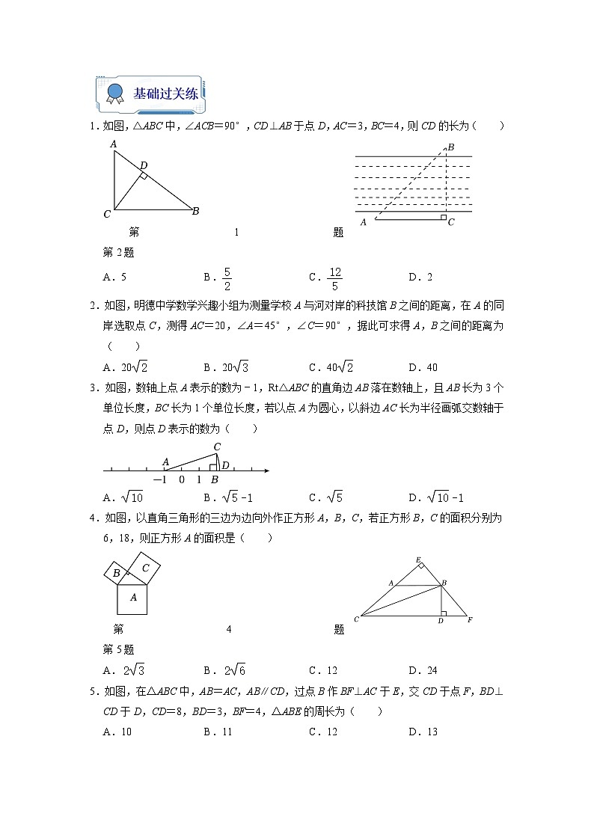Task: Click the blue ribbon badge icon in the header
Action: coord(114,93)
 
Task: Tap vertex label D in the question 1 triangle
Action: coord(144,165)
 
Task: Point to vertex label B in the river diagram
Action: coord(451,147)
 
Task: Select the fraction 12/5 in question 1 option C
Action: coord(334,278)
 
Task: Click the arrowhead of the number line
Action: coord(266,470)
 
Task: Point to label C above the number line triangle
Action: coord(217,447)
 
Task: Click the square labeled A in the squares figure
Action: coord(132,598)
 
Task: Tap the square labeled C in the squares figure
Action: coord(146,568)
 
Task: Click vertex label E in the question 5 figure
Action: coord(419,560)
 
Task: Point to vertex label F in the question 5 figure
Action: coord(470,619)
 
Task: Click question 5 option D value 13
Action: coord(430,732)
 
